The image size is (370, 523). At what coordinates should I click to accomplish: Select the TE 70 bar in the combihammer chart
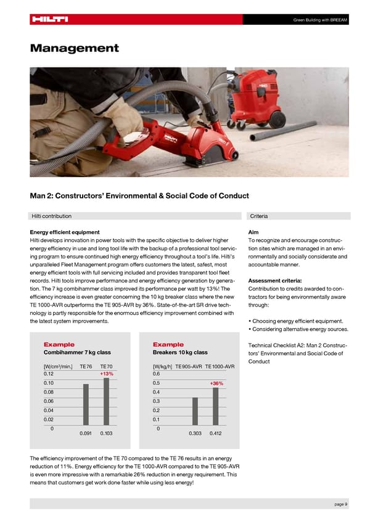(106, 402)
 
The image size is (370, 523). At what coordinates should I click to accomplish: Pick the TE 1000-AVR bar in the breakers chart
(215, 406)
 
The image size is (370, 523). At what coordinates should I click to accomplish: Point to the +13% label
(106, 374)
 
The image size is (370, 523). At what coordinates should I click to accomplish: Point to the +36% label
(216, 384)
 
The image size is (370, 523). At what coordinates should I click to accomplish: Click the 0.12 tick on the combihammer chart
(49, 374)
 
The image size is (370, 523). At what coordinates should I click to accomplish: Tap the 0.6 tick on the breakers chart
(156, 374)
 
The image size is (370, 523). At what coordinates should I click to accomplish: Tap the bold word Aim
(252, 232)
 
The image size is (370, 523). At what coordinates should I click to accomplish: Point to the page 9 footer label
(340, 504)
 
